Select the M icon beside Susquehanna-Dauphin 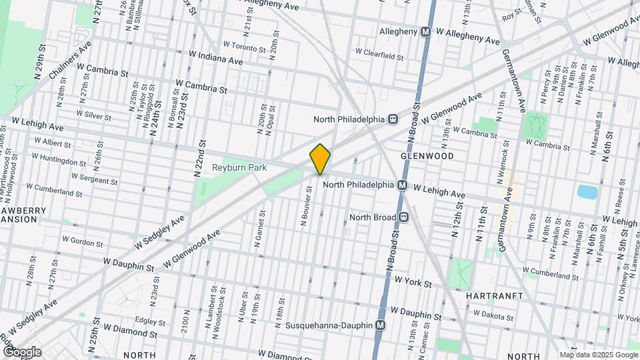(380, 325)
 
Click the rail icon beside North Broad (404, 217)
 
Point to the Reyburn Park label (240, 167)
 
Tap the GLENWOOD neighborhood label (427, 156)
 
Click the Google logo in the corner (21, 351)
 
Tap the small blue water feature (587, 192)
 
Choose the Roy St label (511, 14)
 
